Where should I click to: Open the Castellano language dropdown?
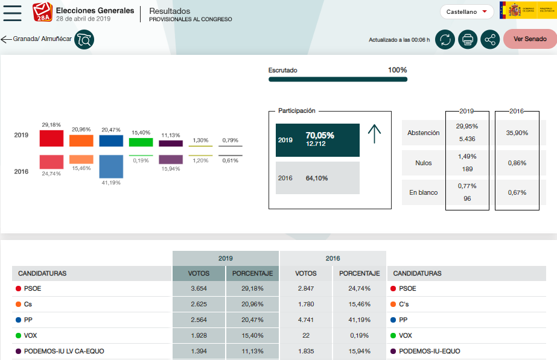click(x=466, y=11)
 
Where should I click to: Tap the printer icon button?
click(x=468, y=40)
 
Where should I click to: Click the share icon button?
click(x=490, y=40)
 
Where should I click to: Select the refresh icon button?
click(x=445, y=40)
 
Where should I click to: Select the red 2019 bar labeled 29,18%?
click(x=51, y=138)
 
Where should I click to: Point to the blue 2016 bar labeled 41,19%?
click(x=111, y=166)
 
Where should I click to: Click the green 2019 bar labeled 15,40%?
click(x=141, y=142)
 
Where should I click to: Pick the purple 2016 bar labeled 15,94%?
click(x=171, y=159)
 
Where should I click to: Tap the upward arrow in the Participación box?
click(x=374, y=134)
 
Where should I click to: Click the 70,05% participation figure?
click(x=320, y=135)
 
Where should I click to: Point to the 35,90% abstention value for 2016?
click(x=517, y=133)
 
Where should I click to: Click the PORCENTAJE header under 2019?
click(x=252, y=273)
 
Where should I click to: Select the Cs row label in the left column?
click(x=28, y=305)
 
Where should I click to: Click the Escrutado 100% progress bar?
click(x=337, y=79)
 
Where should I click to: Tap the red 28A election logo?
click(x=42, y=11)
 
